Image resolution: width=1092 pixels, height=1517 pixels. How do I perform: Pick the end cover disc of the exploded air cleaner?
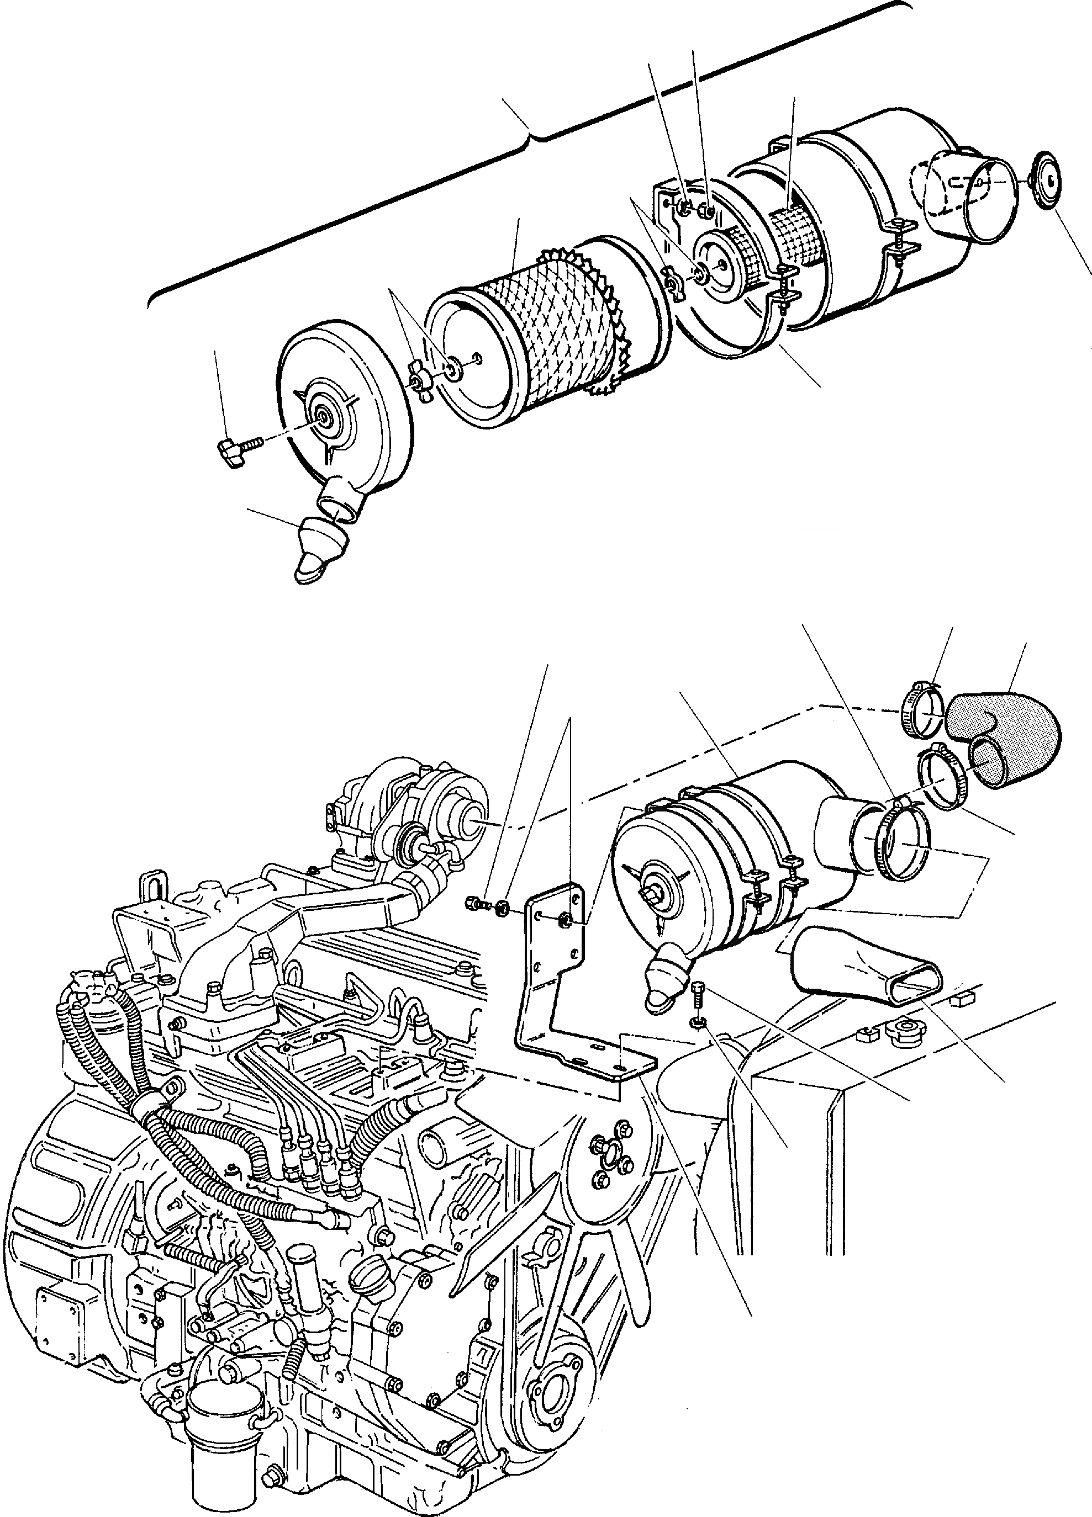coord(341,408)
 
